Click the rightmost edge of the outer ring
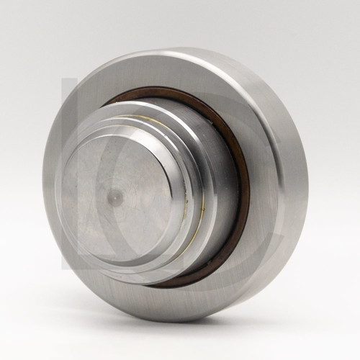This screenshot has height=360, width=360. [308, 180]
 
